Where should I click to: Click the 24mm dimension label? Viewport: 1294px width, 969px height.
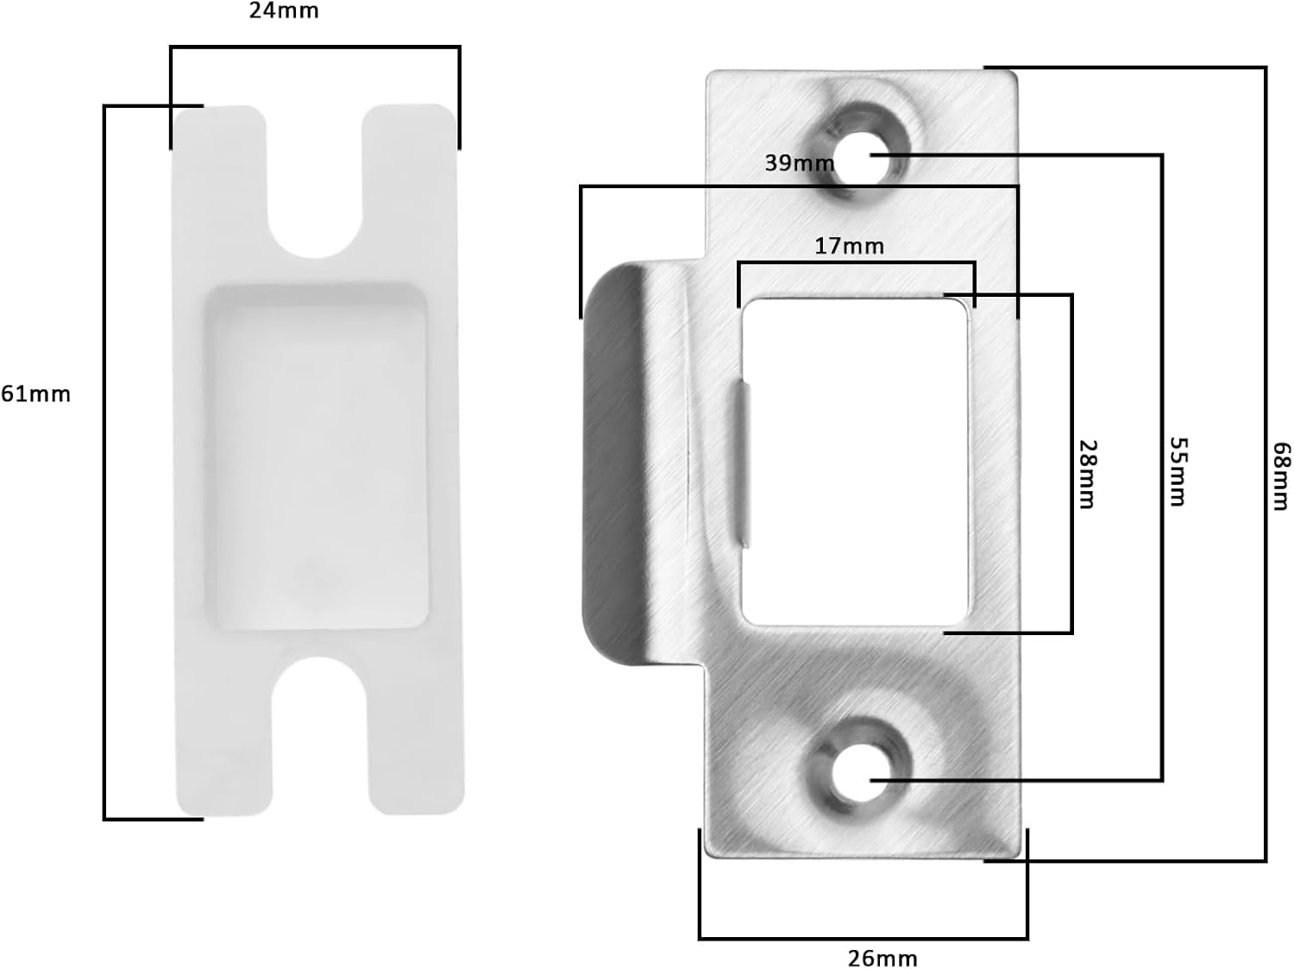click(284, 11)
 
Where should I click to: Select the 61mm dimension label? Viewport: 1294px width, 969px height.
click(35, 394)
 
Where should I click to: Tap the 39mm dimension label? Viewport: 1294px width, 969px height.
click(799, 162)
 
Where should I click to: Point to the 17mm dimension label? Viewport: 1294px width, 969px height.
click(849, 247)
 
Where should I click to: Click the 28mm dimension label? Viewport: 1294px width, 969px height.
click(1088, 474)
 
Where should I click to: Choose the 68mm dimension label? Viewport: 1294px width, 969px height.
click(1282, 476)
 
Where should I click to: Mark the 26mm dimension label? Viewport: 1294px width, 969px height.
click(883, 958)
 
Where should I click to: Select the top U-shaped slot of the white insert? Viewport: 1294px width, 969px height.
click(313, 207)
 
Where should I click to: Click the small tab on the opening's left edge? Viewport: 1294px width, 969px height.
click(743, 466)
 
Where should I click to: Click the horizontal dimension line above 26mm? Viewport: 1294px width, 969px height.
click(863, 938)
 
